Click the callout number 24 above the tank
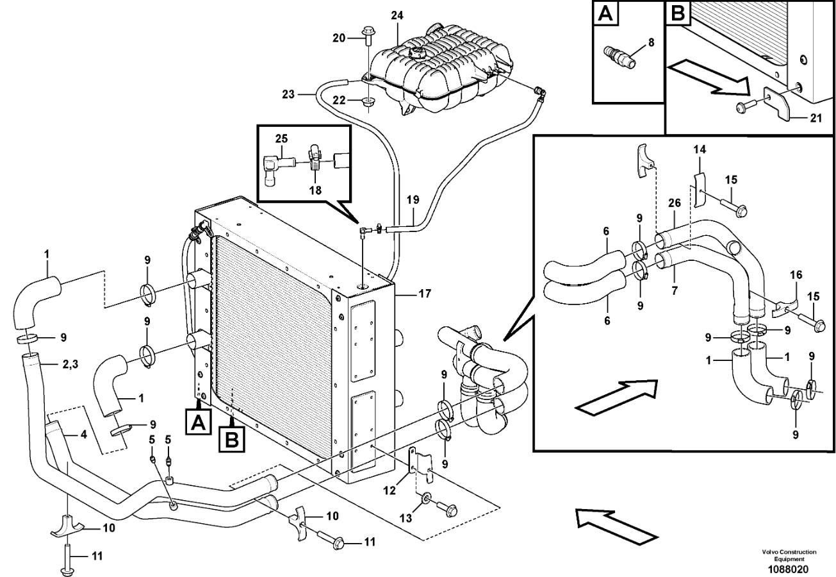[397, 15]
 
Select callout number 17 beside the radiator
[425, 294]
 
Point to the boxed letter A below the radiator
[198, 422]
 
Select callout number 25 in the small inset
[281, 138]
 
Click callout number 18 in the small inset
[315, 190]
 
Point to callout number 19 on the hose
[413, 200]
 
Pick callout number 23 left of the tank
[288, 94]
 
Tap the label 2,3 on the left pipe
[70, 365]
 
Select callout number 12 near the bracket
[389, 490]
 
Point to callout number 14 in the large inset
[700, 150]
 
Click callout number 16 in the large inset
[796, 275]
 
